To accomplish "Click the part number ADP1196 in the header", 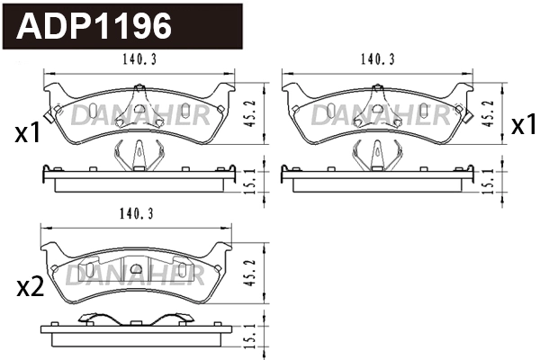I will [x=94, y=26].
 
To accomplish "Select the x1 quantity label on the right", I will [x=523, y=126].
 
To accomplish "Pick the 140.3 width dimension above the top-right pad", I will [x=378, y=61].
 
